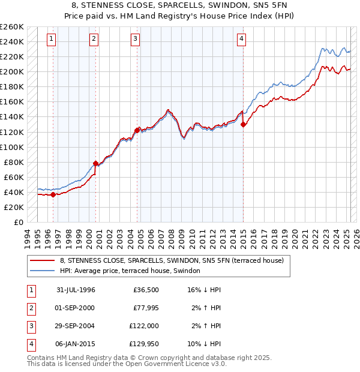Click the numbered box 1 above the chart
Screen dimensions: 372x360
click(x=52, y=40)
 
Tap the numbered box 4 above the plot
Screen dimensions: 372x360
click(x=241, y=40)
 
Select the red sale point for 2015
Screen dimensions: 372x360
click(x=243, y=125)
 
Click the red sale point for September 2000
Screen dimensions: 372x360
click(x=95, y=163)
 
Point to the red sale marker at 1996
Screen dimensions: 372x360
click(x=53, y=194)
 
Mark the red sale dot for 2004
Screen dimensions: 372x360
click(x=137, y=130)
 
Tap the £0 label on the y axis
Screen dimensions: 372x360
click(x=18, y=222)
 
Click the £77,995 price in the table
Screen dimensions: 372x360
click(x=145, y=308)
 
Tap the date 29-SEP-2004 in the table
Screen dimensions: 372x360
click(x=76, y=326)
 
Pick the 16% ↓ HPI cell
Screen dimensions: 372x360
click(x=205, y=290)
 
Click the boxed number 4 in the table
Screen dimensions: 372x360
click(x=31, y=344)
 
